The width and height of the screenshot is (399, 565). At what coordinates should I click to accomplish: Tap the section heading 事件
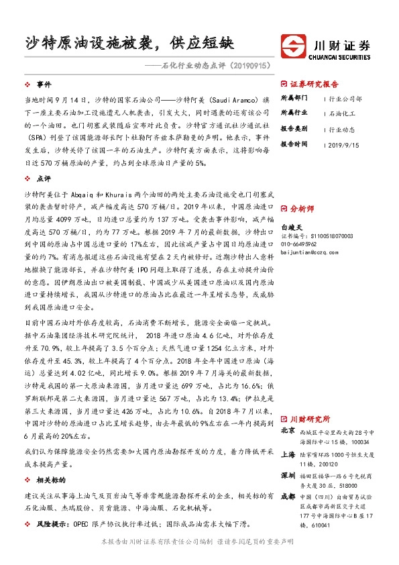[x=44, y=85]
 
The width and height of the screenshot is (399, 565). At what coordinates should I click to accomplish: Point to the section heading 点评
[x=44, y=178]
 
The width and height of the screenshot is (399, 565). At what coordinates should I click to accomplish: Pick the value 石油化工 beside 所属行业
[x=345, y=113]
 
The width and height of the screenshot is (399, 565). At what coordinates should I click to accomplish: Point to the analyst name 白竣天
[x=290, y=227]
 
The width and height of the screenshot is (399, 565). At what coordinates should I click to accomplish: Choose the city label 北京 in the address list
[x=288, y=430]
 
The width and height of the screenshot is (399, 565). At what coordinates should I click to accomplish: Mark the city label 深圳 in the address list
[x=288, y=476]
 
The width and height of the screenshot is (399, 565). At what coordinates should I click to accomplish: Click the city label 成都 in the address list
[x=288, y=497]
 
